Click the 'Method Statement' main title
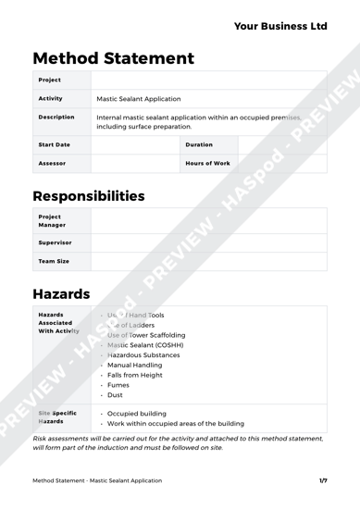tap(113, 58)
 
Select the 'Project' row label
tap(49, 80)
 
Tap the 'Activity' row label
tap(50, 97)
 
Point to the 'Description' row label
tap(56, 118)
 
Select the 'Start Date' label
tap(54, 144)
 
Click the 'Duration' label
tap(199, 144)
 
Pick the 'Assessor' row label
tap(51, 163)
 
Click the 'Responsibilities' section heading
tap(89, 196)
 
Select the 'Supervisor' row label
tap(55, 242)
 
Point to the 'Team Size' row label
tap(53, 261)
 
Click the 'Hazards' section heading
tap(61, 294)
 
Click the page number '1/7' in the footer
tap(323, 480)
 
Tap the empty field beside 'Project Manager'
tap(208, 220)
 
